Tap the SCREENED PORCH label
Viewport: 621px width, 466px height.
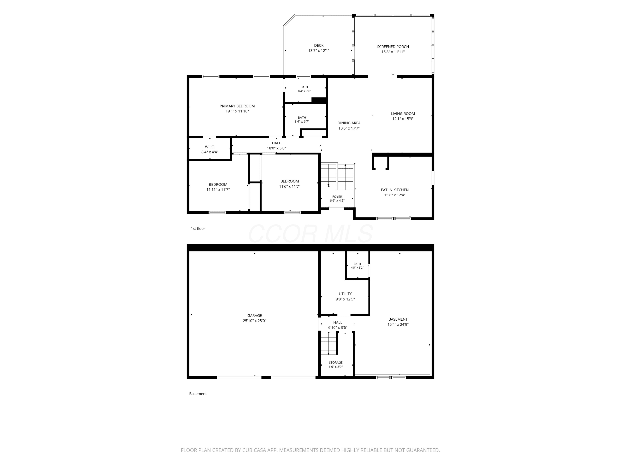[x=393, y=47]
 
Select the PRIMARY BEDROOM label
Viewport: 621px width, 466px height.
[x=237, y=106]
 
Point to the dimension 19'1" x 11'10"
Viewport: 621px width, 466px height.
[x=237, y=111]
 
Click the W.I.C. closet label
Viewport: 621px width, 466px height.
[x=210, y=147]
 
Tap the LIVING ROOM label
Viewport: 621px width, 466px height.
[x=403, y=114]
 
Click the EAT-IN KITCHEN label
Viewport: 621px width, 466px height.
[x=395, y=190]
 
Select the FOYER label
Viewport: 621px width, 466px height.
[x=337, y=197]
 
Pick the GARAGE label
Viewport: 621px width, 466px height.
[x=255, y=315]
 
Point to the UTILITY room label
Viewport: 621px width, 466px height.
[x=345, y=294]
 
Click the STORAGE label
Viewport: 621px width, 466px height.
[x=336, y=363]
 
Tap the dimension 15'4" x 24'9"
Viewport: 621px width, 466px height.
[x=398, y=324]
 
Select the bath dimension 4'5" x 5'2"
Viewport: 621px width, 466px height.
[x=357, y=268]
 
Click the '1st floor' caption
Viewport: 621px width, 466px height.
[x=198, y=229]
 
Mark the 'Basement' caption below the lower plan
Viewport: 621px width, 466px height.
[x=198, y=394]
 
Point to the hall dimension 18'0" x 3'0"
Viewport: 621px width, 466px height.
[x=277, y=148]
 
